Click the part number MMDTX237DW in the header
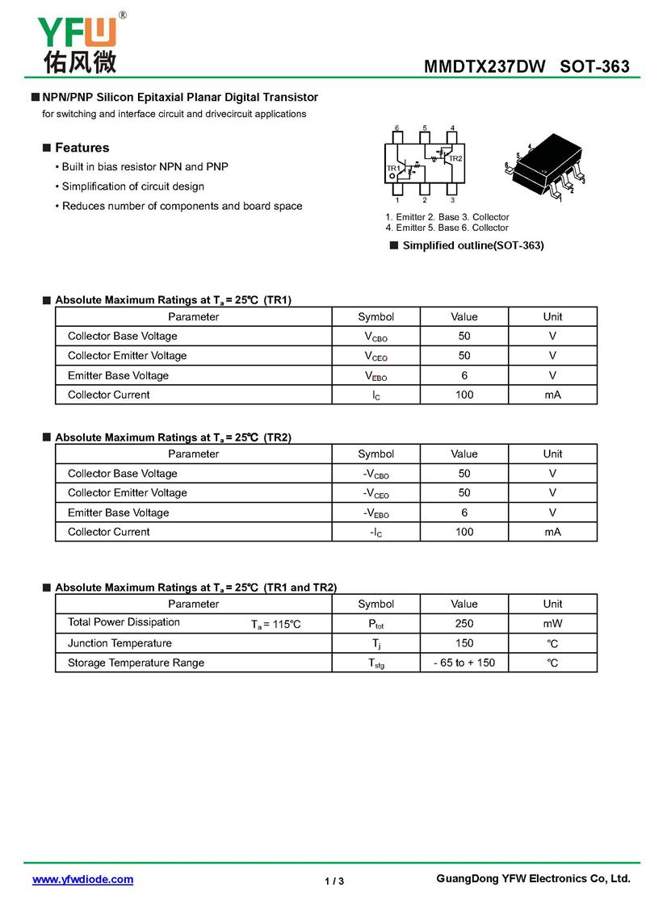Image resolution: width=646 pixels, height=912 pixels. (484, 67)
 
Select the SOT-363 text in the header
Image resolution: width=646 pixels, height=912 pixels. (594, 67)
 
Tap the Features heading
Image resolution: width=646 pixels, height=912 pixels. (82, 148)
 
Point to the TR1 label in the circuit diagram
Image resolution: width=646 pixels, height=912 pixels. (394, 168)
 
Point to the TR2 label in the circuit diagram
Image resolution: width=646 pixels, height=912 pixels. (455, 158)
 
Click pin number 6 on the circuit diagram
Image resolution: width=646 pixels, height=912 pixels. (397, 128)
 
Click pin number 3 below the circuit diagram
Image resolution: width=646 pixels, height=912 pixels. (452, 199)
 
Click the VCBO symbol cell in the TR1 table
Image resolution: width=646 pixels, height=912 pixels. (375, 337)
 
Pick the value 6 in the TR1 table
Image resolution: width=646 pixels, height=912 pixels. (464, 375)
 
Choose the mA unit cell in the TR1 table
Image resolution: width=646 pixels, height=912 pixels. (552, 395)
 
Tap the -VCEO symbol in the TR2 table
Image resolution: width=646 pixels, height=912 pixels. (375, 493)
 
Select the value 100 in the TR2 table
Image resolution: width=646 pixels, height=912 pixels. (464, 532)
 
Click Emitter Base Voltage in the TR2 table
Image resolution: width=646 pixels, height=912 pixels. (118, 512)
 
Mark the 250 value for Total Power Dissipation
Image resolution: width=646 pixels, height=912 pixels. (464, 623)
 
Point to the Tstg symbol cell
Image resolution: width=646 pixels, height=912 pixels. (375, 663)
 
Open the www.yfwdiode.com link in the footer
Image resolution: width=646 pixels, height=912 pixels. (82, 880)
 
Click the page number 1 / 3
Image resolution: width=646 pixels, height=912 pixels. (334, 881)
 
